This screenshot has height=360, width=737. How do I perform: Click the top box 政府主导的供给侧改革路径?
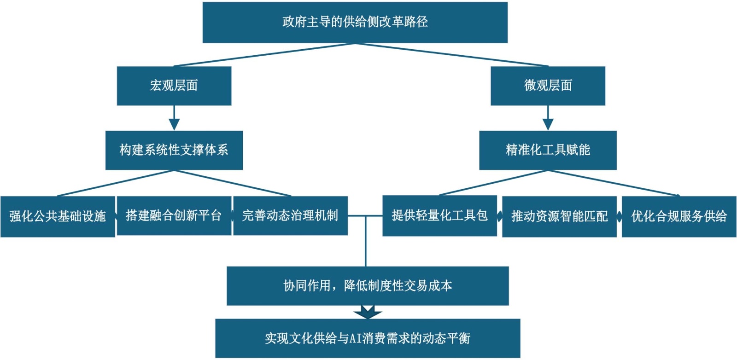coord(355,22)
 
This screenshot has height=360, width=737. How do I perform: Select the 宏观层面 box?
coord(174,86)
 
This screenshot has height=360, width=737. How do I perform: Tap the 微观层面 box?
coord(548,86)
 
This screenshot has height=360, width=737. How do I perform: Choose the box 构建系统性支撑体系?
coord(174,150)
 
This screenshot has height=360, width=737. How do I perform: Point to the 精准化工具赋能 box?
coord(548,150)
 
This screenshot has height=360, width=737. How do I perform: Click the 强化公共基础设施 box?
coord(58,216)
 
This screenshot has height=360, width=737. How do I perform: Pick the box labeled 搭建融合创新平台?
coord(174,215)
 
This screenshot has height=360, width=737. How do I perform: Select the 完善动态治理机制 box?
coord(290,215)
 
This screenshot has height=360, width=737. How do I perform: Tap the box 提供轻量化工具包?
coord(439,215)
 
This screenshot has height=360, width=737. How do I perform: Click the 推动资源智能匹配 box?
coord(559,216)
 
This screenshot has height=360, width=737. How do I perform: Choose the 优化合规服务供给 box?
coord(679,216)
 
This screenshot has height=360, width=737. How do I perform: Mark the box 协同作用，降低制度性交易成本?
coord(368,286)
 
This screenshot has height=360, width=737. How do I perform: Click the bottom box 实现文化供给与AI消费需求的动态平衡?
coord(368,338)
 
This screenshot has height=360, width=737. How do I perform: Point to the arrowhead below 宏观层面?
coord(174,124)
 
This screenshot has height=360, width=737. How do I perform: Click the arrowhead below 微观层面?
coord(548,124)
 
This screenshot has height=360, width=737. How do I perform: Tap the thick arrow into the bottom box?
coord(368,313)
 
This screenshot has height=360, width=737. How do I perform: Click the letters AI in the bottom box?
coord(355,338)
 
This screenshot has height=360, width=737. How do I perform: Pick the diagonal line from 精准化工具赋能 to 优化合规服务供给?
coord(613,183)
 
